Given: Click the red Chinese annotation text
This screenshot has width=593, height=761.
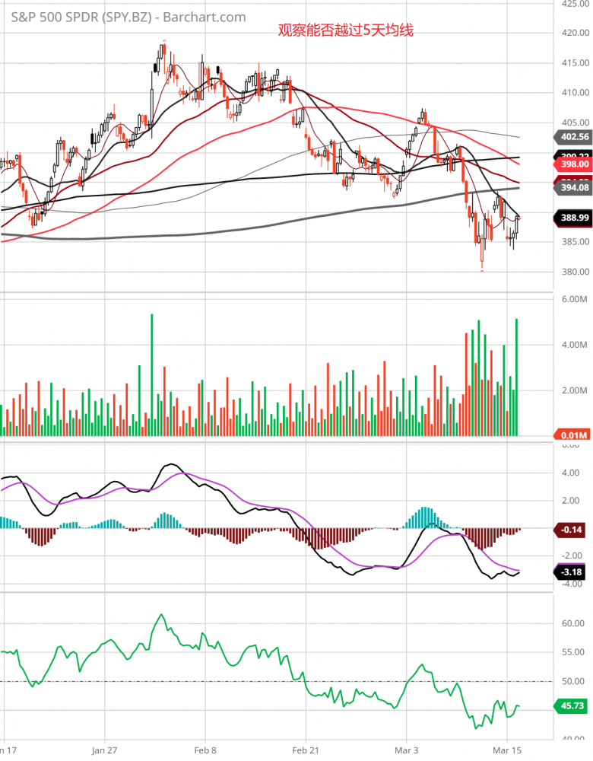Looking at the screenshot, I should [345, 31].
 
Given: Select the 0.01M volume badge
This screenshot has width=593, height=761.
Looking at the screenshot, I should [573, 435].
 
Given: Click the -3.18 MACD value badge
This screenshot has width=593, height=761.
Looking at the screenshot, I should [573, 571].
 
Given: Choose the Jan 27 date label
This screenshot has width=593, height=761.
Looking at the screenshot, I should [105, 749].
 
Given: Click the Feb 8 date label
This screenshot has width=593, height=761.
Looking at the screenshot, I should [205, 749].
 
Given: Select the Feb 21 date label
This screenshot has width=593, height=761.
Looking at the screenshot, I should [306, 749].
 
